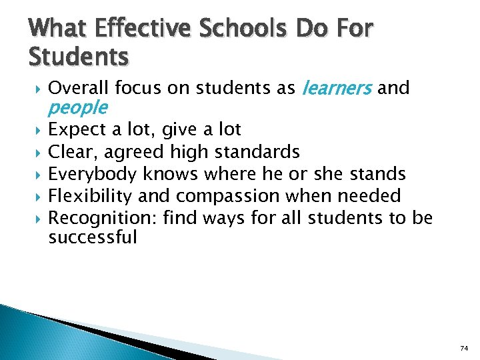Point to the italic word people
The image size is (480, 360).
coord(78,107)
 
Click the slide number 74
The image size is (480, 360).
coord(464,348)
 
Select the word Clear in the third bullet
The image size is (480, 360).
coord(71,152)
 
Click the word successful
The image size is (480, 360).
coord(93,237)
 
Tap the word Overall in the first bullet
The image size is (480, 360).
coord(79,87)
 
